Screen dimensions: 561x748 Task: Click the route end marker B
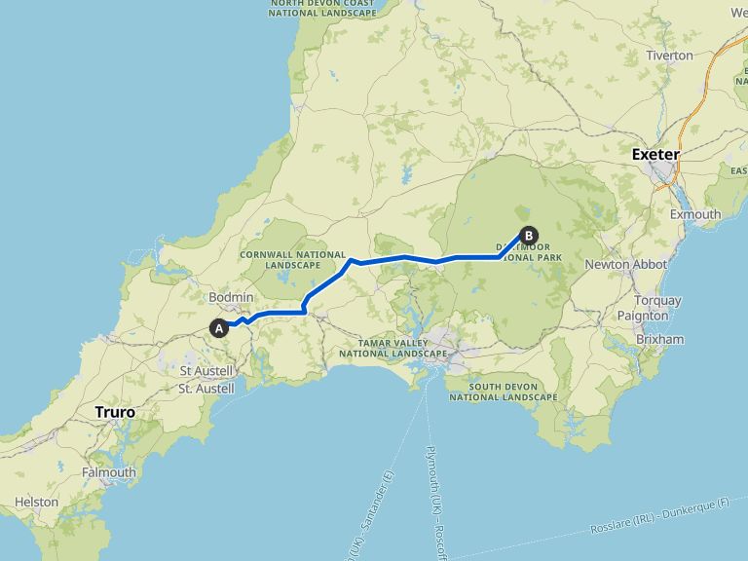point(529,235)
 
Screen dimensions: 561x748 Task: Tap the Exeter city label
point(655,154)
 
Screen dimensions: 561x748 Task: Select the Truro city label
point(115,412)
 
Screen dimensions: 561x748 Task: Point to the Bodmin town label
point(231,297)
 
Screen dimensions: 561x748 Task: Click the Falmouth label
point(109,472)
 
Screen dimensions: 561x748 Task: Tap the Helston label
point(36,503)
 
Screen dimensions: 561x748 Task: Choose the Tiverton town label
point(669,56)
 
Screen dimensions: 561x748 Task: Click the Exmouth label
point(695,214)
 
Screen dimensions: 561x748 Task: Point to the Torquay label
point(657,300)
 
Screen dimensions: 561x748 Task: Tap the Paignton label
point(643,316)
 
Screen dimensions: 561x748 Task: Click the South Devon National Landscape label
point(503,392)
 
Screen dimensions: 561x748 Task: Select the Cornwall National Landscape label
point(280,260)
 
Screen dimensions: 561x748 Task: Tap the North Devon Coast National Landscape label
point(322,8)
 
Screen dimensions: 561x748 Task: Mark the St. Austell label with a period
point(206,388)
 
